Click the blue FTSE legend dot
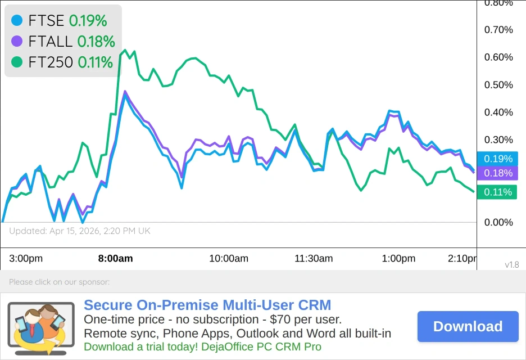17,21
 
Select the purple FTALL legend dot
17,41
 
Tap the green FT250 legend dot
17,62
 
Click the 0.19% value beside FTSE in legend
88,21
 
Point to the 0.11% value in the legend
95,62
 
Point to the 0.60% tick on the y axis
499,57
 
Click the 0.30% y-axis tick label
499,140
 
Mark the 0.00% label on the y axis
499,223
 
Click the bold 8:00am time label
115,259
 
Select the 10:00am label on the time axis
229,259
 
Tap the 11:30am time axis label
314,259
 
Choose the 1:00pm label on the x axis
398,259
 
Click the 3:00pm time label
26,259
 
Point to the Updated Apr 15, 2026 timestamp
80,231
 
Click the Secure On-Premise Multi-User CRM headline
207,305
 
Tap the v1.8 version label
511,264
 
